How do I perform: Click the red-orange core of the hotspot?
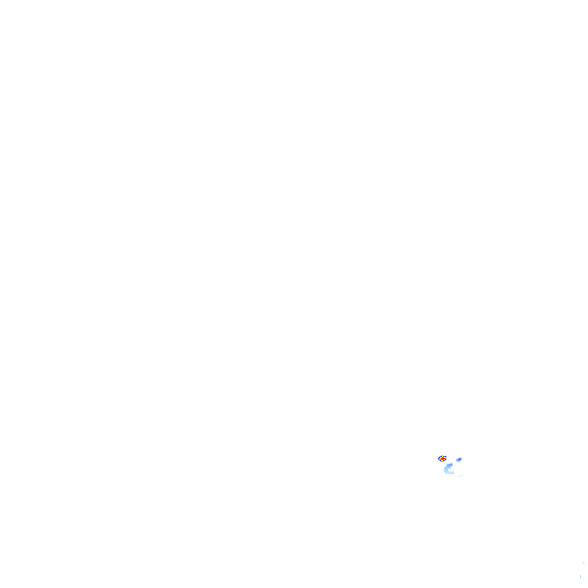(443, 459)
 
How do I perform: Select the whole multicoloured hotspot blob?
(443, 459)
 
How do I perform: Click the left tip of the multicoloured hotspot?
(438, 459)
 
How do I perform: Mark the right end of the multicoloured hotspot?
(446, 458)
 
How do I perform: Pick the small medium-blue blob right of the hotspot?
(459, 459)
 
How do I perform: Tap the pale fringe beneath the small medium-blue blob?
(459, 462)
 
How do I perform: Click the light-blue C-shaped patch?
(447, 469)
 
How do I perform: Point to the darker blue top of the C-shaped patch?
(450, 465)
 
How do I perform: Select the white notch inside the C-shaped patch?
(450, 470)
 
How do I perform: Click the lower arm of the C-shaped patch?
(450, 473)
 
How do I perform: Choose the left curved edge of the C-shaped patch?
(445, 470)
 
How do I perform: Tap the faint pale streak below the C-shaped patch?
(460, 476)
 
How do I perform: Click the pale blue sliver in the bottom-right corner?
(580, 577)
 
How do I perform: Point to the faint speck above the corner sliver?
(583, 563)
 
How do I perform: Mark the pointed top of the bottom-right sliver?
(580, 574)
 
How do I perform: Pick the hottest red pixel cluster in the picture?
(443, 459)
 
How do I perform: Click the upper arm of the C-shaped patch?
(449, 465)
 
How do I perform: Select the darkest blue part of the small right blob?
(459, 459)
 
